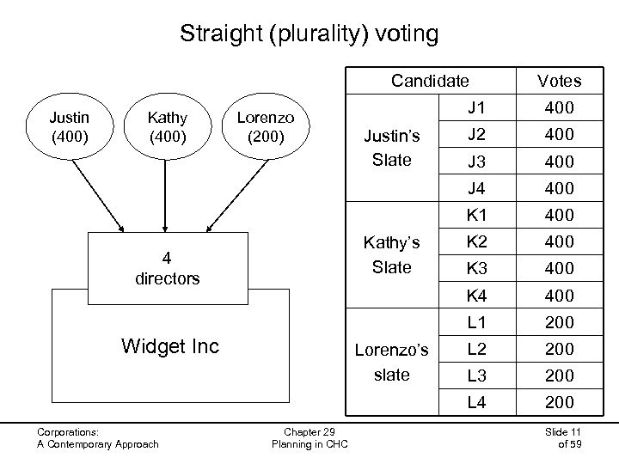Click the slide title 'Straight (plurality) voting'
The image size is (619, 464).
(309, 34)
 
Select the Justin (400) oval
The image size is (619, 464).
(69, 125)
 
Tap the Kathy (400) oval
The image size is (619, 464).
(167, 125)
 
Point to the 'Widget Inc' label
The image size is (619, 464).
(170, 346)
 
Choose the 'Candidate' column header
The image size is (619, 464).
(430, 82)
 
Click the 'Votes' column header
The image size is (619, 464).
(559, 82)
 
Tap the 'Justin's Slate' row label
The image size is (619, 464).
(391, 147)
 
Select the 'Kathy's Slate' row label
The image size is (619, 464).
(391, 255)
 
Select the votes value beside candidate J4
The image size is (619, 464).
(559, 186)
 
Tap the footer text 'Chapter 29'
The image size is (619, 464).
(309, 431)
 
